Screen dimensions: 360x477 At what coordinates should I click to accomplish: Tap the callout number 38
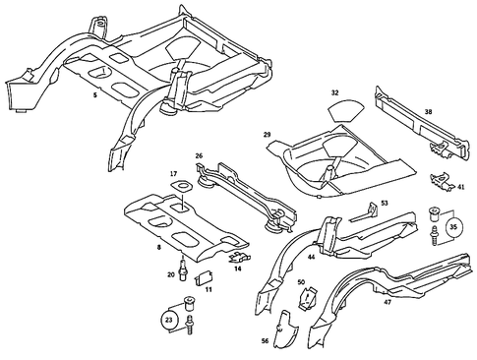428,113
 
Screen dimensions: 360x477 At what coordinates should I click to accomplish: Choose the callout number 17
174,174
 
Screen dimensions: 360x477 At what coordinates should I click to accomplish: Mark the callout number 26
199,154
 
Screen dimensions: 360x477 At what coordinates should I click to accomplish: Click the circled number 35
452,224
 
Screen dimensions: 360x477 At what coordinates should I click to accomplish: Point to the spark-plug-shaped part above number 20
183,264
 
